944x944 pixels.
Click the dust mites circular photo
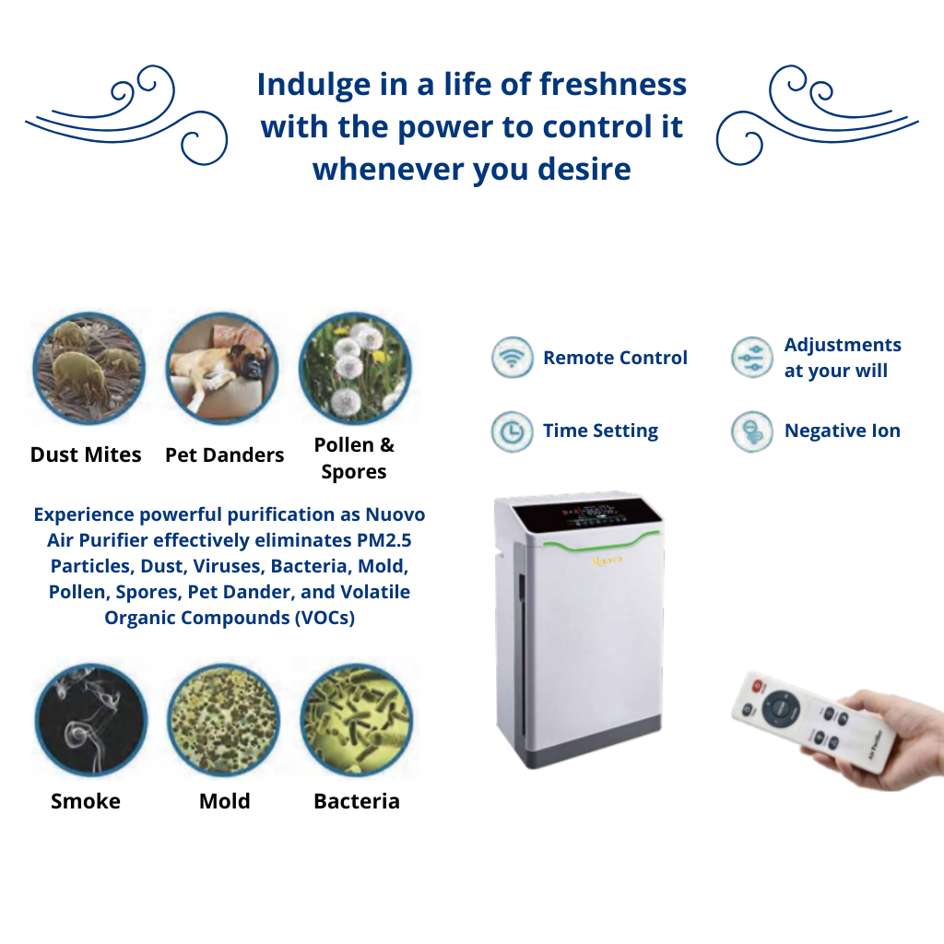coord(88,369)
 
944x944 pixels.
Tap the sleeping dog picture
coord(221,369)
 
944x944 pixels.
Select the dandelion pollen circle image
coord(355,369)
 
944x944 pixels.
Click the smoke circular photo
coord(91,719)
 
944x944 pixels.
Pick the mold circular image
coord(223,719)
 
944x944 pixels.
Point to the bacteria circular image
coord(357,719)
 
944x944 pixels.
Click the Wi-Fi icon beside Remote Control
coord(512,357)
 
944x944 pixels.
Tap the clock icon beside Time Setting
coord(512,431)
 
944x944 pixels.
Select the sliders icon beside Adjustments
coord(751,357)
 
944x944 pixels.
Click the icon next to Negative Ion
coord(751,431)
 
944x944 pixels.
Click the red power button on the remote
coord(758,685)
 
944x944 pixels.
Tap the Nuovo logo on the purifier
coord(607,560)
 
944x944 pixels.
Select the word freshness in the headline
coord(613,84)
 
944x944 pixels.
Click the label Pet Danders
coord(225,455)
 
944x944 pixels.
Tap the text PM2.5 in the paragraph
coord(384,540)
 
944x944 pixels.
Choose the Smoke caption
coord(86,801)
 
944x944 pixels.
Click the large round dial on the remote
coord(782,708)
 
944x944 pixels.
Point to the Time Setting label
coord(600,431)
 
